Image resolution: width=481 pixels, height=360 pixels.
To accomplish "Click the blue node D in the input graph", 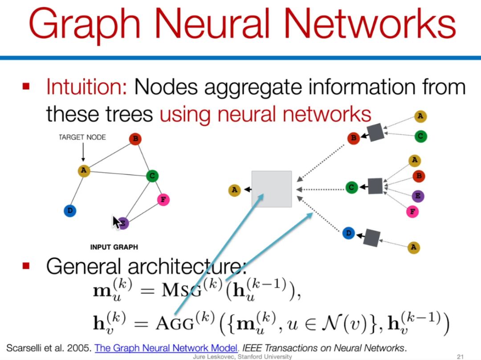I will pyautogui.click(x=70, y=210).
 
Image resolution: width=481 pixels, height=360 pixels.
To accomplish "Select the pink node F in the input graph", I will pyautogui.click(x=163, y=200).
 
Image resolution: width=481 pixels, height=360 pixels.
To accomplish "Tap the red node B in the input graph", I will pyautogui.click(x=135, y=139).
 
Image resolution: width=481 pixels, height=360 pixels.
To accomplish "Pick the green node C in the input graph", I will pyautogui.click(x=152, y=176).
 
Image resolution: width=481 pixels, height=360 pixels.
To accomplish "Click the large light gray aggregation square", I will pyautogui.click(x=272, y=189).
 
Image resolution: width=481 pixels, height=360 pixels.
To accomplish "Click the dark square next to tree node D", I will pyautogui.click(x=371, y=237).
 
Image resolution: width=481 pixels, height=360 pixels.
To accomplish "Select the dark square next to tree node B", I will pyautogui.click(x=376, y=132).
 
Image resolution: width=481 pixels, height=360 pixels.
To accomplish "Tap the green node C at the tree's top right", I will pyautogui.click(x=420, y=137).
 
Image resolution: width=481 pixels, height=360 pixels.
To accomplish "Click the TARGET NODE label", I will pyautogui.click(x=82, y=138).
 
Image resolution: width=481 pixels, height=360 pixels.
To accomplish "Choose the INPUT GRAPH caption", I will pyautogui.click(x=114, y=247).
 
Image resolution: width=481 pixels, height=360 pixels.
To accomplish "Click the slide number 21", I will pyautogui.click(x=461, y=356).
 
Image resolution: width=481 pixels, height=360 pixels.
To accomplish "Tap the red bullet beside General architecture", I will pyautogui.click(x=26, y=266).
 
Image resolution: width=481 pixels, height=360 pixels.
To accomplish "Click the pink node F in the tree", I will pyautogui.click(x=413, y=211).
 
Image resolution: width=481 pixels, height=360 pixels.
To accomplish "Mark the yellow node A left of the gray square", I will pyautogui.click(x=234, y=190).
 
